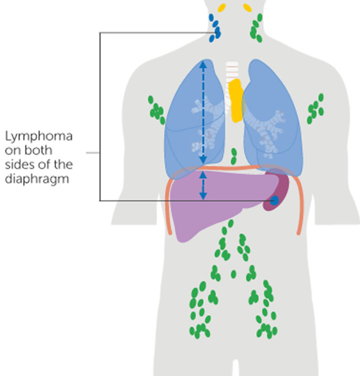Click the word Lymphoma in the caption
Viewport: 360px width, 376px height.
click(39, 137)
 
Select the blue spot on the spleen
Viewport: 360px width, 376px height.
click(274, 201)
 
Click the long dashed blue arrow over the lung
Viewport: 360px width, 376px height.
click(203, 113)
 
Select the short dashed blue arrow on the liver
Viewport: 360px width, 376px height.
click(202, 185)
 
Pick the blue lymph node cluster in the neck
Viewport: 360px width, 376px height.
click(215, 28)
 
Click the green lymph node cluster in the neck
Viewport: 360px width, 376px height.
click(256, 28)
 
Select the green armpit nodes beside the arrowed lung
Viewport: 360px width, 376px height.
click(156, 111)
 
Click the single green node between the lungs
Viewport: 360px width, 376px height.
click(234, 154)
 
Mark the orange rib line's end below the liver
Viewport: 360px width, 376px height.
click(169, 232)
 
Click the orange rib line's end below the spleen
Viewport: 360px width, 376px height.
click(299, 232)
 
